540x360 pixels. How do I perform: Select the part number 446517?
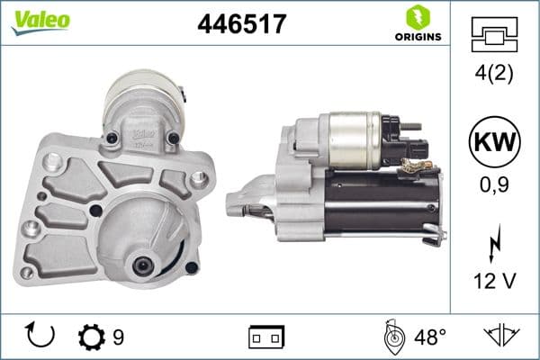[241, 25]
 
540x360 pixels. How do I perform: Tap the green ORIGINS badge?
[417, 24]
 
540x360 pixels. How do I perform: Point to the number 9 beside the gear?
[119, 337]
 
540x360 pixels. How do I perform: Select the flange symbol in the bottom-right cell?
[502, 336]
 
